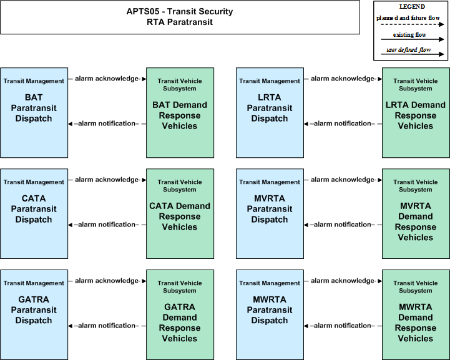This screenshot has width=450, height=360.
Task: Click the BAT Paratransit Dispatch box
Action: click(34, 113)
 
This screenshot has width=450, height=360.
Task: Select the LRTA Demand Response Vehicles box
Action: click(416, 113)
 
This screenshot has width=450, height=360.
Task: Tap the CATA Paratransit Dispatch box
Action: click(34, 214)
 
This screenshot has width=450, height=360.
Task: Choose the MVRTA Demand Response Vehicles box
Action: click(416, 214)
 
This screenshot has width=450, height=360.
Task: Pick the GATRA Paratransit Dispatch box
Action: click(34, 314)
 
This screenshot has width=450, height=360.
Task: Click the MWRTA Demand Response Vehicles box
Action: click(416, 314)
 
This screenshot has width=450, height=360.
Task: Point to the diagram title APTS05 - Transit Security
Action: click(180, 11)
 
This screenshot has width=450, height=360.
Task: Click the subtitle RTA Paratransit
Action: click(180, 22)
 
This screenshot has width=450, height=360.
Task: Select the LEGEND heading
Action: click(412, 7)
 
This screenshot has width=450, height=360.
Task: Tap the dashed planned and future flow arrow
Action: click(413, 24)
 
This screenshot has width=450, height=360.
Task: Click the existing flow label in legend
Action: click(409, 35)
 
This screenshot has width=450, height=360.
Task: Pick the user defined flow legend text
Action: click(409, 50)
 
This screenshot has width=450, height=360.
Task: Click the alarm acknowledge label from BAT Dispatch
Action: click(107, 79)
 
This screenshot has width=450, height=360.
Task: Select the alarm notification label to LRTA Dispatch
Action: click(343, 124)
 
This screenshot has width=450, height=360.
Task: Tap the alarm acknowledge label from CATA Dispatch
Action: click(107, 180)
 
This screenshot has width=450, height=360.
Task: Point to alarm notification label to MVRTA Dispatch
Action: click(343, 225)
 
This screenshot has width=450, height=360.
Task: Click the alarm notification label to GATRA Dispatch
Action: click(107, 326)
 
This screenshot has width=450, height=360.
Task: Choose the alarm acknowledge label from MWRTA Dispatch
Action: click(343, 281)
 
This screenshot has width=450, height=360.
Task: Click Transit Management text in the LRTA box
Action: click(270, 81)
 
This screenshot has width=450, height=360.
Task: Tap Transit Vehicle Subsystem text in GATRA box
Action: click(180, 287)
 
